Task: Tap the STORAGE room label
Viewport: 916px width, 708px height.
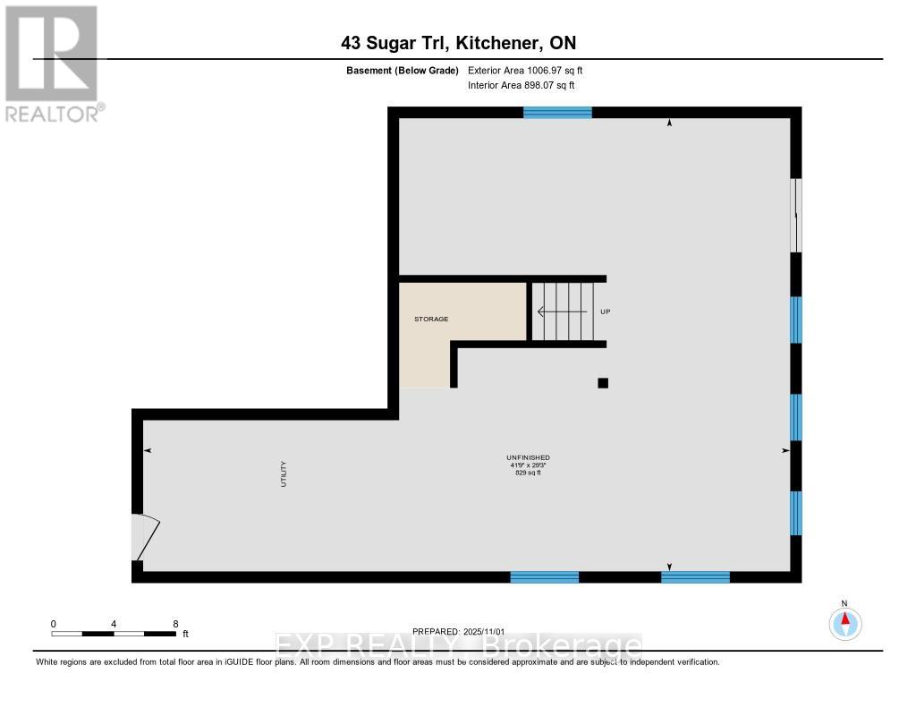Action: [430, 319]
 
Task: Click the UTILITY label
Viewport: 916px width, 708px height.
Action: [284, 473]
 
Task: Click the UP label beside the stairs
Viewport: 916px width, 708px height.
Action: [605, 311]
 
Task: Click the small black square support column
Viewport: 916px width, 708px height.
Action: [603, 383]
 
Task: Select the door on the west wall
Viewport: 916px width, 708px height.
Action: [143, 537]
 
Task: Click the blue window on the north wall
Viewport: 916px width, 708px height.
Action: [557, 112]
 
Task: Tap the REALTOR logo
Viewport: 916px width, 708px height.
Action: [52, 63]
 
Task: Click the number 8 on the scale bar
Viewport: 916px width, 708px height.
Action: [175, 624]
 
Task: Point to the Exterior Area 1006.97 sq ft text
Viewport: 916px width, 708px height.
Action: [525, 70]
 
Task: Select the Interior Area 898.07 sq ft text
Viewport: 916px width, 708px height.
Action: [521, 85]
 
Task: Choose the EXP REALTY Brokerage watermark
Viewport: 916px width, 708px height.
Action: [456, 645]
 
